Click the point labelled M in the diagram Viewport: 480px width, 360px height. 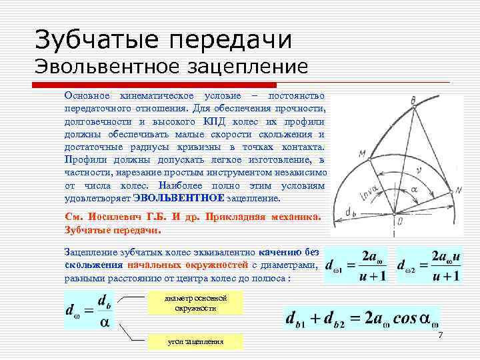(362, 154)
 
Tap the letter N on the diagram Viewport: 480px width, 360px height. (458, 191)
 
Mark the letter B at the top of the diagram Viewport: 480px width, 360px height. (414, 100)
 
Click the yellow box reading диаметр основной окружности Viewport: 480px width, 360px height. (195, 303)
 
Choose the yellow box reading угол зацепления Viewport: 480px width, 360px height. (195, 341)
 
